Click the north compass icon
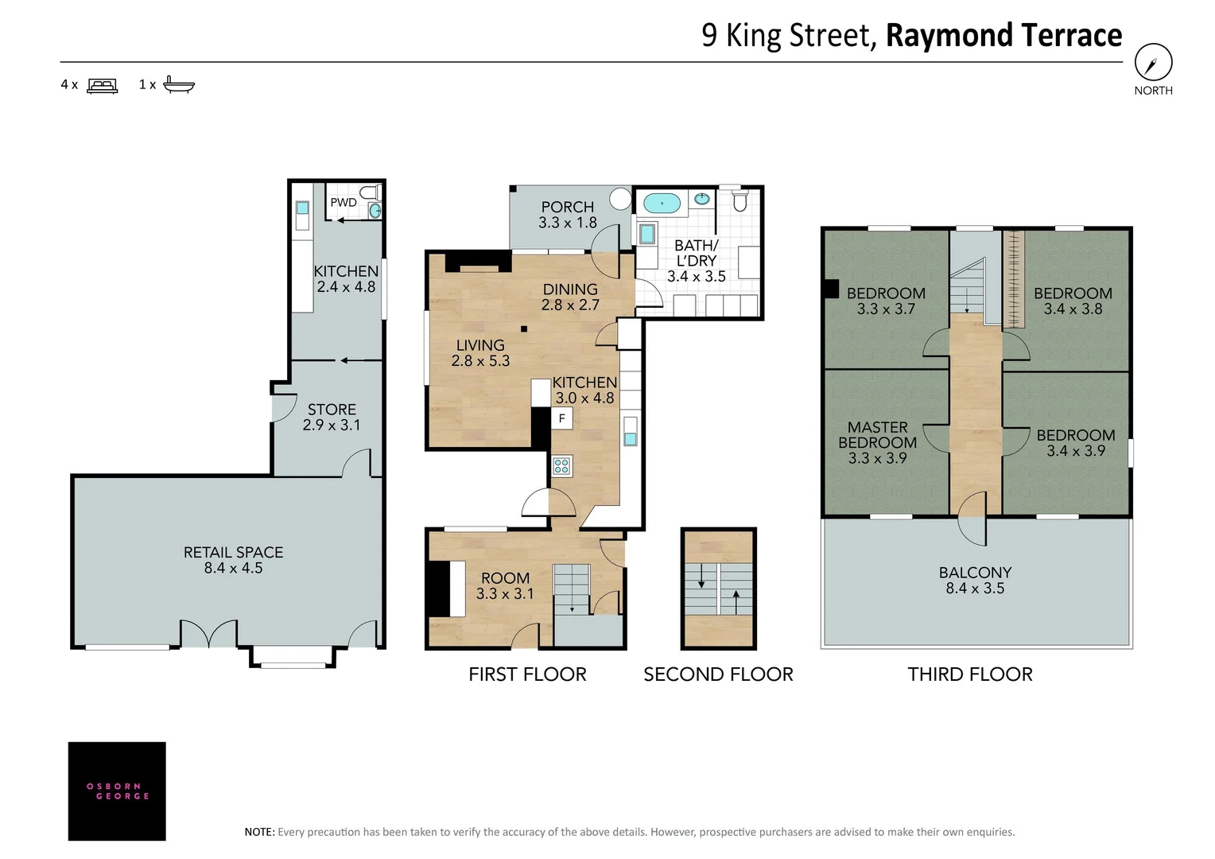tap(1153, 62)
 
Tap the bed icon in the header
tap(103, 85)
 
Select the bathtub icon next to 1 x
tap(178, 84)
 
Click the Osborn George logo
tap(117, 791)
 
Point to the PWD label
tap(344, 202)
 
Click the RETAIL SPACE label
tap(233, 552)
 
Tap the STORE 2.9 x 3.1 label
tap(332, 417)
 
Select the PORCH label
tap(567, 207)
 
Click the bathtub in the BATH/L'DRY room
tap(662, 203)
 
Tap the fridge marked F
tap(561, 418)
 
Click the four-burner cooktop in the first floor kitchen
tap(561, 465)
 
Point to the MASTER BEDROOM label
tap(877, 435)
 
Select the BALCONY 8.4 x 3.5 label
tap(975, 580)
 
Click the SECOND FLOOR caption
tap(718, 674)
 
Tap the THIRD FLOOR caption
tap(970, 674)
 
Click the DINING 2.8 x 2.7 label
tap(570, 297)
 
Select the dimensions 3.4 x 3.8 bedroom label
tap(1073, 309)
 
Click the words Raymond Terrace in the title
tap(1003, 36)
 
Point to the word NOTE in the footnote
tap(258, 832)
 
